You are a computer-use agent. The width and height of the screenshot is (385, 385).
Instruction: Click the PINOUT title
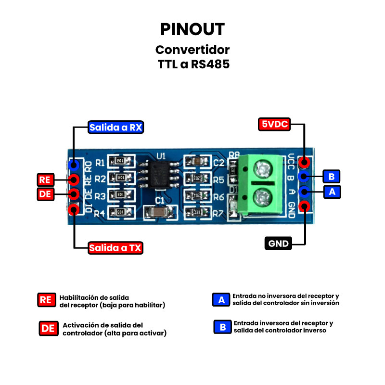pyautogui.click(x=192, y=29)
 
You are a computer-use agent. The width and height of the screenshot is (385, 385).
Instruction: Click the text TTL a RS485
pyautogui.click(x=193, y=64)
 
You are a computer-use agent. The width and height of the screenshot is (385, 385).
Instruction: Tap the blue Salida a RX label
pyautogui.click(x=116, y=128)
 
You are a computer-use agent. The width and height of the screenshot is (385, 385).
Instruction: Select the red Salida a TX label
pyautogui.click(x=115, y=248)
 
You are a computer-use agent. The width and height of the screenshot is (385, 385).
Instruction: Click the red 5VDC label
pyautogui.click(x=274, y=124)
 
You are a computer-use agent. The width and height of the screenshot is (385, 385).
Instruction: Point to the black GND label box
pyautogui.click(x=279, y=244)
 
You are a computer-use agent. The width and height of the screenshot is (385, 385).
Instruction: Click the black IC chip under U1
pyautogui.click(x=158, y=175)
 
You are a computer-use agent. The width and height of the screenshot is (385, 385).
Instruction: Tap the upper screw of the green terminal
pyautogui.click(x=262, y=168)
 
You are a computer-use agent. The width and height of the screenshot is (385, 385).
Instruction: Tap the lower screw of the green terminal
pyautogui.click(x=262, y=197)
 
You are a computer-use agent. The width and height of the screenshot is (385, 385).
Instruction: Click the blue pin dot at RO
pyautogui.click(x=74, y=165)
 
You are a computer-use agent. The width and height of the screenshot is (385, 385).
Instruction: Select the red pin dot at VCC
pyautogui.click(x=304, y=162)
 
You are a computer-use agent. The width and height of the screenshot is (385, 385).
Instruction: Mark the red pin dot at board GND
pyautogui.click(x=304, y=206)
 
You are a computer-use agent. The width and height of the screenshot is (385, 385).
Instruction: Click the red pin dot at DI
pyautogui.click(x=74, y=209)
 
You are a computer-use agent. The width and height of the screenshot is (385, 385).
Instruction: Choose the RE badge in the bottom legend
pyautogui.click(x=46, y=300)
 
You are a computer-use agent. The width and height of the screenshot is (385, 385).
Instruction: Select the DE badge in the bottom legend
pyautogui.click(x=48, y=328)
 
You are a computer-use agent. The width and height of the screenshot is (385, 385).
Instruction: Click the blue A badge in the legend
pyautogui.click(x=221, y=299)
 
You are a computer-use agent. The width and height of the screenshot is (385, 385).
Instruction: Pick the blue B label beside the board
pyautogui.click(x=331, y=176)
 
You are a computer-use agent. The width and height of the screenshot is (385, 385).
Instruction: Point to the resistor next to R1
pyautogui.click(x=120, y=161)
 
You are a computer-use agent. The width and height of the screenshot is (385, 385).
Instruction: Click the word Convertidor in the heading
pyautogui.click(x=192, y=50)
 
